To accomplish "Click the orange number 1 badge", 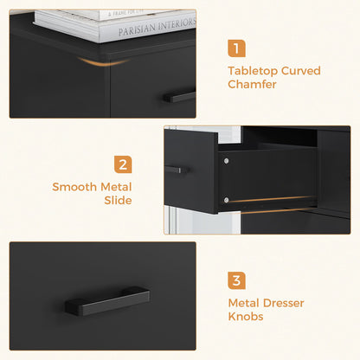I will (x=237, y=49).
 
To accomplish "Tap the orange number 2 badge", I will (x=124, y=164).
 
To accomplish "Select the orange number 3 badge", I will (x=237, y=280).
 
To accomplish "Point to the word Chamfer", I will (x=253, y=85).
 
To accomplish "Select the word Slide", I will (x=118, y=200).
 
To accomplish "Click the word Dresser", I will (x=285, y=303).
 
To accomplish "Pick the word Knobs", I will (x=247, y=317).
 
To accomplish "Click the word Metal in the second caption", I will (x=117, y=186).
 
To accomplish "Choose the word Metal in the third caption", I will (x=245, y=303).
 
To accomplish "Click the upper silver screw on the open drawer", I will (x=225, y=160).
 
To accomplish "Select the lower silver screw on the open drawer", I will (x=225, y=200).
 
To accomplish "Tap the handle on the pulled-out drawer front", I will (x=180, y=170).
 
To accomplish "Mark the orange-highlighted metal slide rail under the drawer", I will (x=273, y=197).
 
